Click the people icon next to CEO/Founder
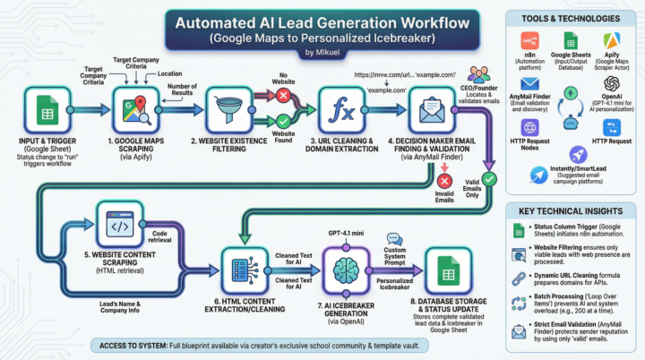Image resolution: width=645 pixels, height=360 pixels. (x=479, y=75)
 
